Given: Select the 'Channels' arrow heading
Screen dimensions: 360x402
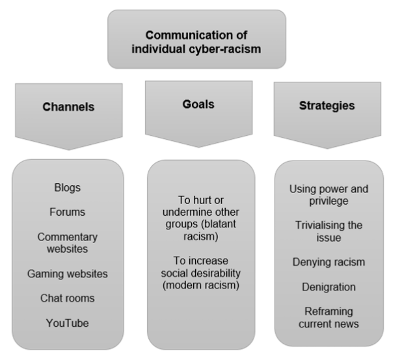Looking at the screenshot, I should point(68,107).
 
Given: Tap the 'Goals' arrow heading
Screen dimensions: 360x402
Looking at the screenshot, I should point(199,103).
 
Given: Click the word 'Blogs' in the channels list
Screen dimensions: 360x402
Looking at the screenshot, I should point(68,188).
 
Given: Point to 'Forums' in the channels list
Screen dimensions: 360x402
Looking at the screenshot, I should point(68,212).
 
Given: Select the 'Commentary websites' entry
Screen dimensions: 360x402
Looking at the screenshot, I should point(68,243).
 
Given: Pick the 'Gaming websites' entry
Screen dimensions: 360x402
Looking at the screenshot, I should point(68,274).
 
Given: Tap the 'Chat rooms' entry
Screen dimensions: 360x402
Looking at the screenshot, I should point(68,298).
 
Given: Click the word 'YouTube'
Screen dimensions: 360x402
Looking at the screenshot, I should point(68,323).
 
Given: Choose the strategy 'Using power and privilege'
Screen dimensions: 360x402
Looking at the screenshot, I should point(328,196).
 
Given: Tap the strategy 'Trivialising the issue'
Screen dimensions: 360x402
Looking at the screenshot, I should point(328,231).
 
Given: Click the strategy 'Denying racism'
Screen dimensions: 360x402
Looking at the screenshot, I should point(328,262).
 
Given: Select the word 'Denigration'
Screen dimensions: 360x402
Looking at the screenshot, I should point(328,287).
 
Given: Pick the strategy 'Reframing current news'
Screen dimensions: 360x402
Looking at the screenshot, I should point(328,317).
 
